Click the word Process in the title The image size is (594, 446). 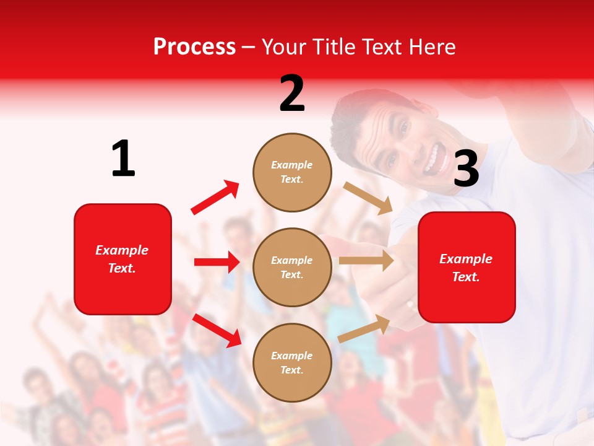[x=194, y=47]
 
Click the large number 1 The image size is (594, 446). [x=123, y=159]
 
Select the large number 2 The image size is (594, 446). [x=292, y=94]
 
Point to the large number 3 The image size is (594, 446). [x=466, y=169]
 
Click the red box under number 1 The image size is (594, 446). [x=123, y=259]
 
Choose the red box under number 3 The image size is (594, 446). [x=467, y=267]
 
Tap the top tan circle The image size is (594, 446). [x=292, y=172]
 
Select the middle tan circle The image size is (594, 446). [x=292, y=267]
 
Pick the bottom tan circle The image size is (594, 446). [x=292, y=362]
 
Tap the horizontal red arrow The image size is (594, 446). [x=217, y=262]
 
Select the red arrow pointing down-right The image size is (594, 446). [x=217, y=330]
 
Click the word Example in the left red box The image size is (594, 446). [x=122, y=250]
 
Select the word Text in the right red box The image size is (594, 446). [x=465, y=277]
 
